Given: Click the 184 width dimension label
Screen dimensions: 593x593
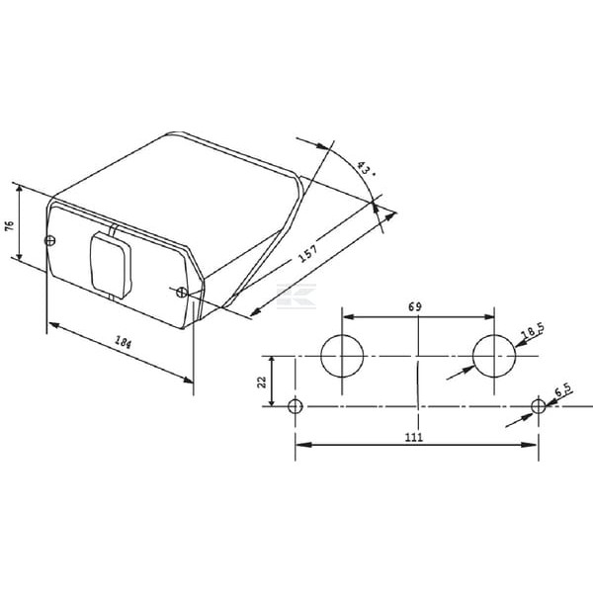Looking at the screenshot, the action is pos(124,342).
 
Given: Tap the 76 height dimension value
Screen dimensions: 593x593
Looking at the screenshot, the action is pos(9,225).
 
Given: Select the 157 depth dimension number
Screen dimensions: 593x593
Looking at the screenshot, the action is pos(307,253).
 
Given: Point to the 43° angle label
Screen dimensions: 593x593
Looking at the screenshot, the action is pos(366,169).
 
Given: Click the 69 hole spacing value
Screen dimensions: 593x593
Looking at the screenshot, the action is pos(415,306).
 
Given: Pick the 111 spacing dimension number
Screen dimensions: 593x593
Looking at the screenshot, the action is pos(414,437).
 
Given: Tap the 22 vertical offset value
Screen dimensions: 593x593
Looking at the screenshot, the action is pos(262,381).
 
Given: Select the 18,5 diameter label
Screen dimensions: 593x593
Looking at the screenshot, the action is pos(532,330).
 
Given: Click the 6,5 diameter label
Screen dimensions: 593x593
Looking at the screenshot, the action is pos(563,390).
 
